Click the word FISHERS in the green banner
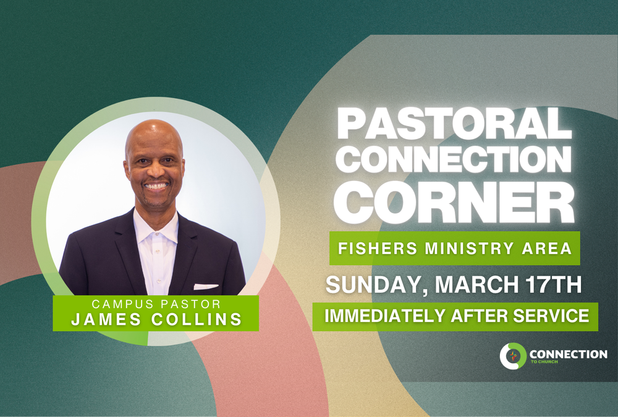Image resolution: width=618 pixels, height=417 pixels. point(370,249)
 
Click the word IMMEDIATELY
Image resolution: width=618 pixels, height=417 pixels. point(384,316)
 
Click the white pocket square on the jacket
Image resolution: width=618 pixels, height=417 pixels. point(206,287)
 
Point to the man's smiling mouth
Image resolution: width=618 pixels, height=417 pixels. point(156,185)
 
